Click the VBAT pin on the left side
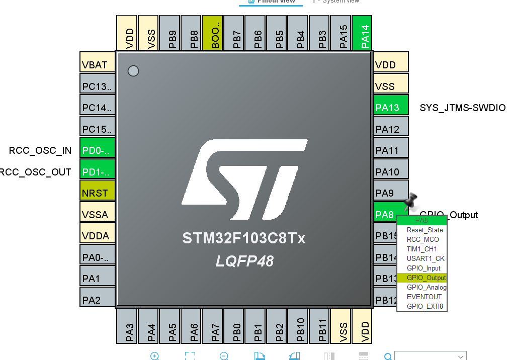(98, 65)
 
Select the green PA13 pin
(390, 108)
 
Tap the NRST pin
(98, 193)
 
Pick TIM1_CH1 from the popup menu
(422, 249)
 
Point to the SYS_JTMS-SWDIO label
(462, 108)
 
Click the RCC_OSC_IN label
(40, 150)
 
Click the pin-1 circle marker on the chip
(133, 71)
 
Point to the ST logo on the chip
(244, 178)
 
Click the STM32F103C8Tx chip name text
(244, 238)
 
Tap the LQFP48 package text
(244, 261)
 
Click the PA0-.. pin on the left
(98, 258)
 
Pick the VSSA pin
(98, 215)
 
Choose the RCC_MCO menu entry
(422, 239)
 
